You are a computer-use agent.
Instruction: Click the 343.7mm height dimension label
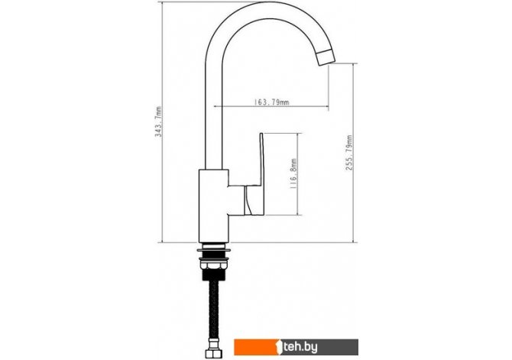(158, 122)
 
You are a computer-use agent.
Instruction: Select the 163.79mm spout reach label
(271, 102)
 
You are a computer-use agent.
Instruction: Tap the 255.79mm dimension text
(349, 153)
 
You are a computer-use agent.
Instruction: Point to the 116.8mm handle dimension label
(293, 174)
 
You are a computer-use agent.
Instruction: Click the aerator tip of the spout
(326, 58)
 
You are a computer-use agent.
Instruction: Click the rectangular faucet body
(213, 206)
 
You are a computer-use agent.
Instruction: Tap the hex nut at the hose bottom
(212, 353)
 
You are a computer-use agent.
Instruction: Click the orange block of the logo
(255, 347)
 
